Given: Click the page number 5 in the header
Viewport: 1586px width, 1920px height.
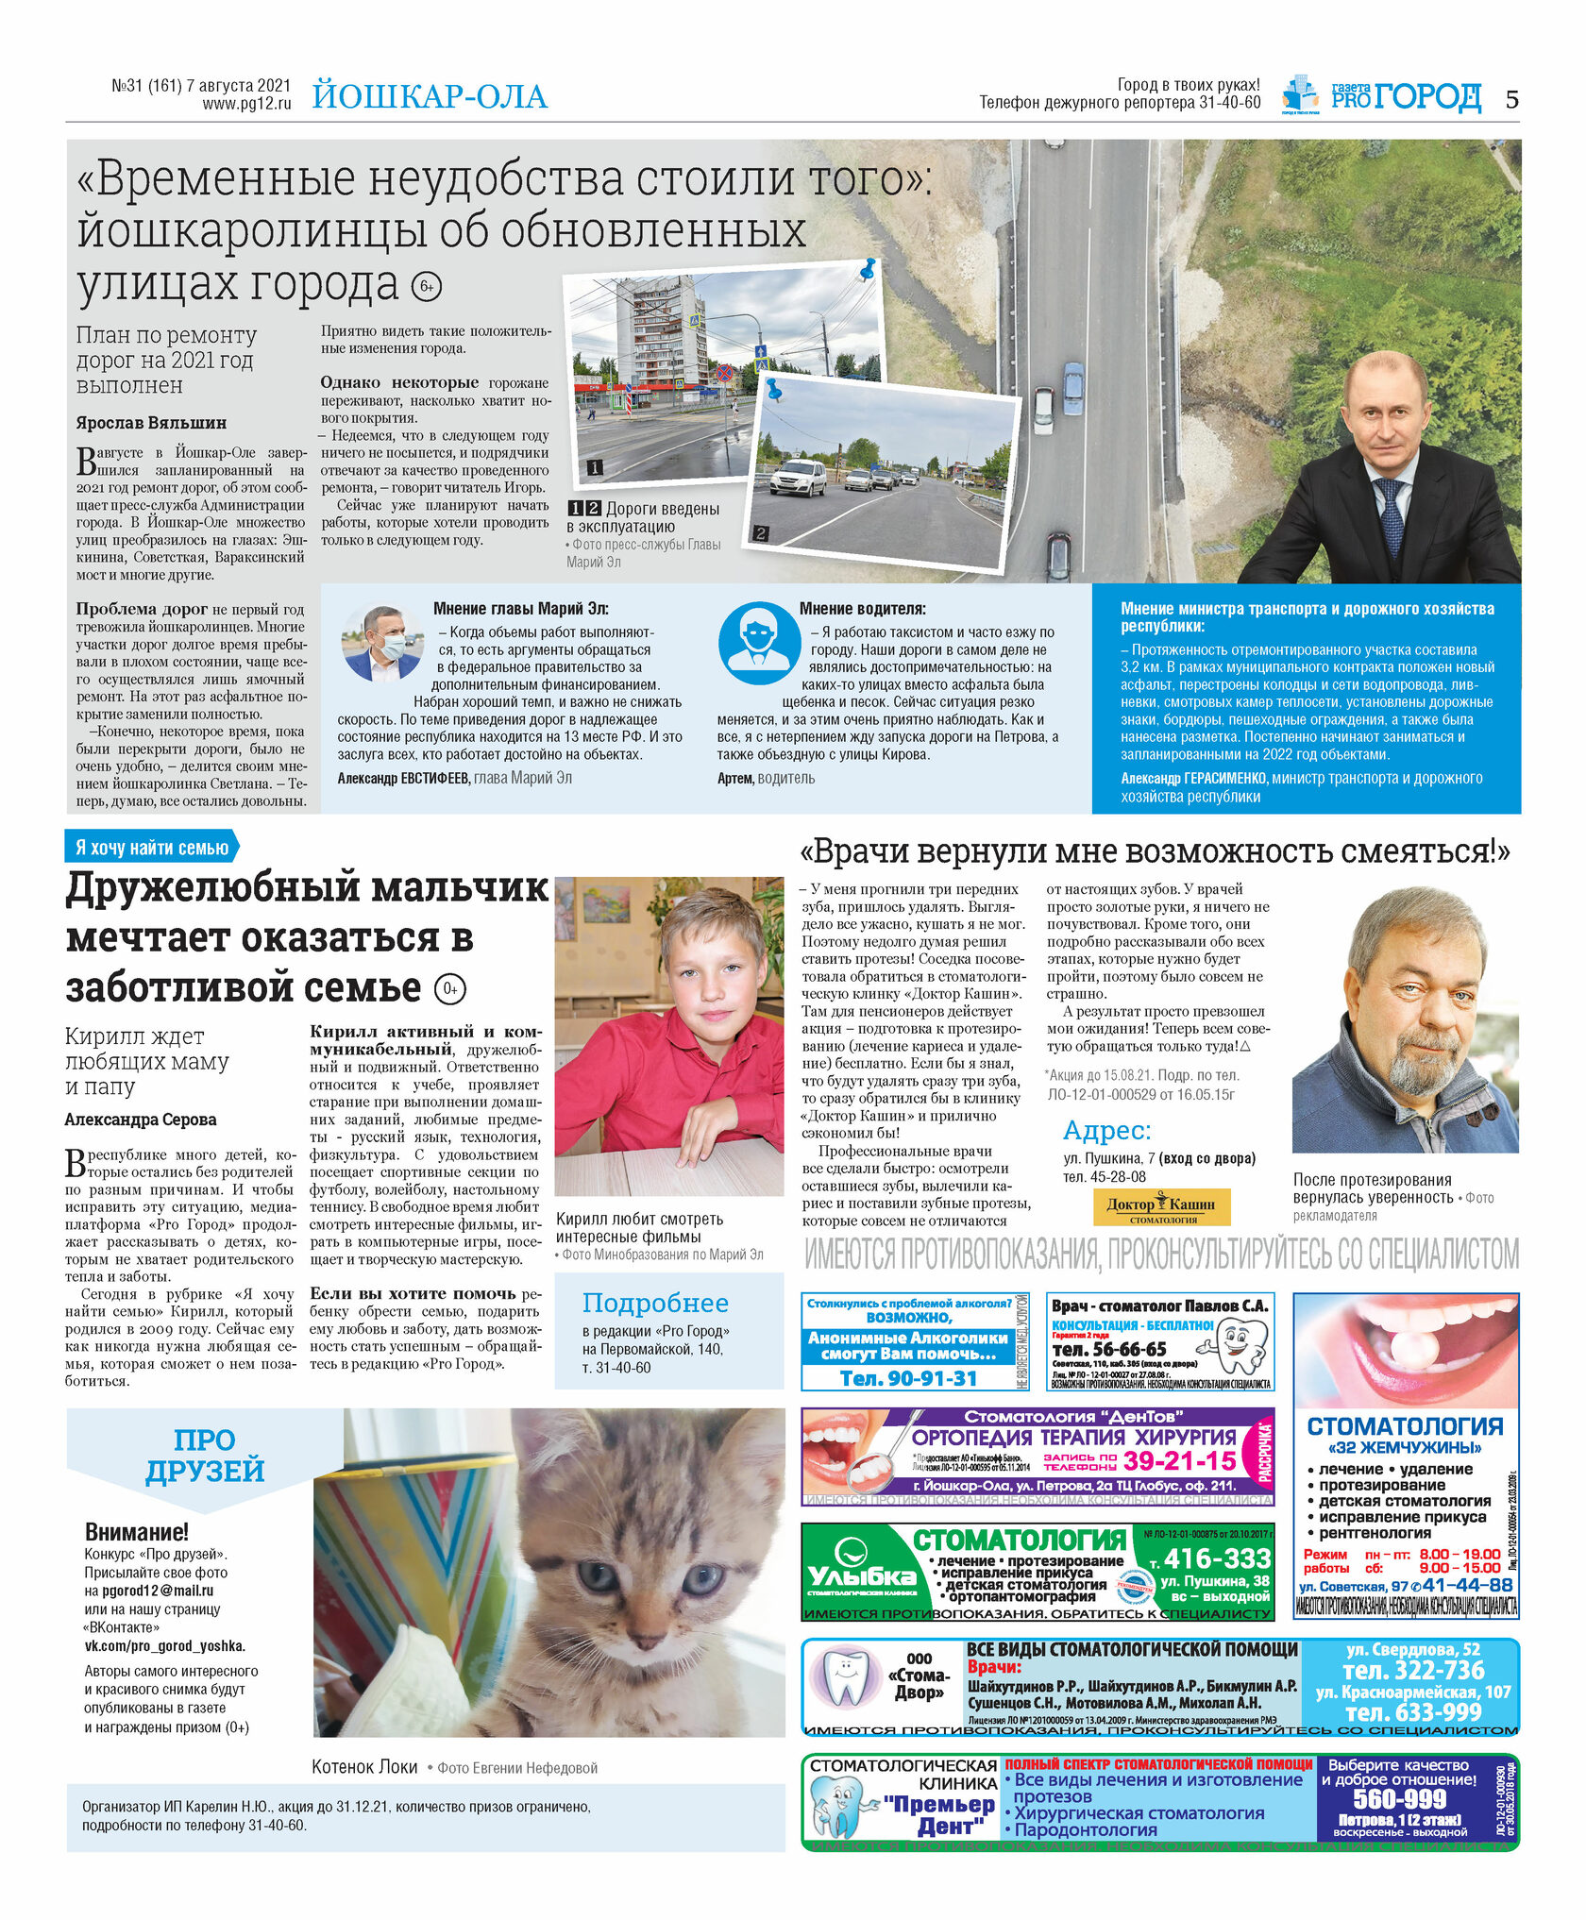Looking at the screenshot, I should click(1511, 99).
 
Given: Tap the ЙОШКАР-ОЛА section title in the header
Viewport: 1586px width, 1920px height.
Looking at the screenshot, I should click(430, 97).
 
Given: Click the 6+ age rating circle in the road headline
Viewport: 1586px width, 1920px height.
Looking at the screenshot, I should click(427, 286).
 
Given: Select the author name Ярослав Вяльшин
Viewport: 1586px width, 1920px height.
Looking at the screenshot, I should click(151, 423).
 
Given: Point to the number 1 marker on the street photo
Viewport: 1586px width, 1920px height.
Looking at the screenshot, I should click(596, 467).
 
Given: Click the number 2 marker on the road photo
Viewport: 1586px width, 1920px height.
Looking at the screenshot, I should click(761, 533).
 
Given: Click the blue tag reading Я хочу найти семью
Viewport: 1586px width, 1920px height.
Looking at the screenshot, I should click(152, 847).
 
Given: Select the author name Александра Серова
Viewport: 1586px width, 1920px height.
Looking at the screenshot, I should click(141, 1120).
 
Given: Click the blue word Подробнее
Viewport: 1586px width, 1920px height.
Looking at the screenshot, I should click(655, 1304).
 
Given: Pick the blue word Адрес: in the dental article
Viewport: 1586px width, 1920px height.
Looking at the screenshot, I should click(1106, 1131).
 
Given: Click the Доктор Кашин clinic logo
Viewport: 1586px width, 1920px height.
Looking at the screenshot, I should click(1160, 1206).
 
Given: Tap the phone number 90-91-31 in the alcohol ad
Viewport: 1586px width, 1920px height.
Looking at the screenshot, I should click(908, 1378).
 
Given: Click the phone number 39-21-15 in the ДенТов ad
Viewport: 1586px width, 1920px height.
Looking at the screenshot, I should click(1180, 1461).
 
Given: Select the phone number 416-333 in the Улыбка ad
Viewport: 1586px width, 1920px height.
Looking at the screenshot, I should click(1217, 1558).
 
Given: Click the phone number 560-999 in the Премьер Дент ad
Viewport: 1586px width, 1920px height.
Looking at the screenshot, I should click(1399, 1798).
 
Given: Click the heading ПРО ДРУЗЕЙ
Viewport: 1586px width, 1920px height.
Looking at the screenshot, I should click(205, 1455).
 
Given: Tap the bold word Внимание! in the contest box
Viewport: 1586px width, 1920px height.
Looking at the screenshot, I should click(137, 1531).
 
